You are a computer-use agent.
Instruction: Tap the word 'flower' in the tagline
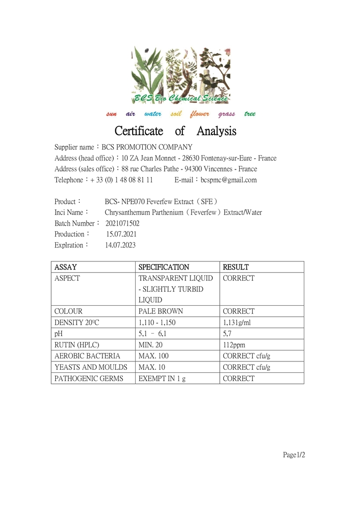[199, 114]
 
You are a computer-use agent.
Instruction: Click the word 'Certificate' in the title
[139, 131]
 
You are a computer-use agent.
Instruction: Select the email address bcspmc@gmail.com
[229, 180]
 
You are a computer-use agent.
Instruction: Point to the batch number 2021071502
[122, 223]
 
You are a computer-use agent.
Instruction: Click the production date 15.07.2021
[121, 234]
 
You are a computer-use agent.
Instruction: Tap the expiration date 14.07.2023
[120, 245]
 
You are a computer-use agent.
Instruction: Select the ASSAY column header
[66, 267]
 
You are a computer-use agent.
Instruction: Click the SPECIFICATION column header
[164, 267]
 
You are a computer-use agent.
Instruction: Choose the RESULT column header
[236, 267]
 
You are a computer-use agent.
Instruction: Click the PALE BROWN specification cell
[161, 311]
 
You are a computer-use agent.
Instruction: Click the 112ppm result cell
[234, 345]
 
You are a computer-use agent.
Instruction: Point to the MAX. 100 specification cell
[154, 356]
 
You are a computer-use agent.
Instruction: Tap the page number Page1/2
[294, 455]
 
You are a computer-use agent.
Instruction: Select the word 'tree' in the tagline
[250, 114]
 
